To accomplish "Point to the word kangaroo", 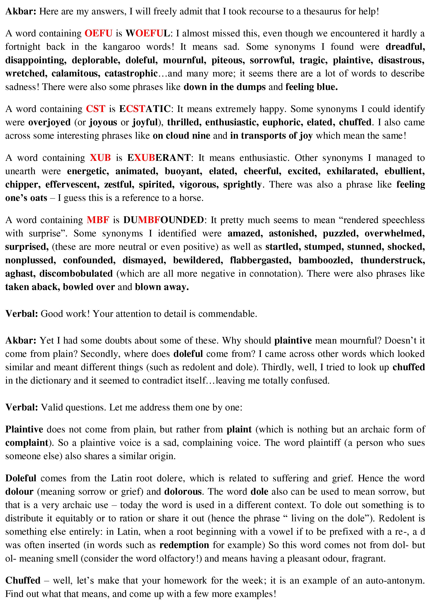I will [121, 47].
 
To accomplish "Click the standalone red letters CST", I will [96, 109].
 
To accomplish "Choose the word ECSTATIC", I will [145, 109].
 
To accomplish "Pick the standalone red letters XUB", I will [100, 158].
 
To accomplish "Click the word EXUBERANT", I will [159, 158].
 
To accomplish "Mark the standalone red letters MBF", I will [98, 220].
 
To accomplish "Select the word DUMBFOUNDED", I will [164, 220].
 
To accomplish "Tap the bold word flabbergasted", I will [260, 260].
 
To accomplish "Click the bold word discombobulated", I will [76, 273].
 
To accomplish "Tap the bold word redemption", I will [184, 545].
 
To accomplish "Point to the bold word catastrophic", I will [131, 74].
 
